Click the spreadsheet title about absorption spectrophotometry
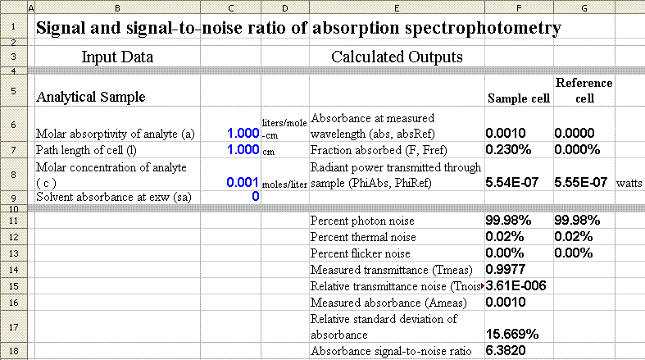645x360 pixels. [x=298, y=28]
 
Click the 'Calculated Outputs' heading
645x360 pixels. [x=397, y=57]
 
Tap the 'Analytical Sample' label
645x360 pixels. [x=90, y=97]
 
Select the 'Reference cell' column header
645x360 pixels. [x=583, y=89]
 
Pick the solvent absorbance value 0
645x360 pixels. [x=255, y=197]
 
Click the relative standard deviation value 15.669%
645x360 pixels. [x=512, y=334]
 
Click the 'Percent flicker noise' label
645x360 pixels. [x=359, y=253]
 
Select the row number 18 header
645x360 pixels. [x=16, y=351]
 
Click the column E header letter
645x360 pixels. [x=397, y=7]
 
